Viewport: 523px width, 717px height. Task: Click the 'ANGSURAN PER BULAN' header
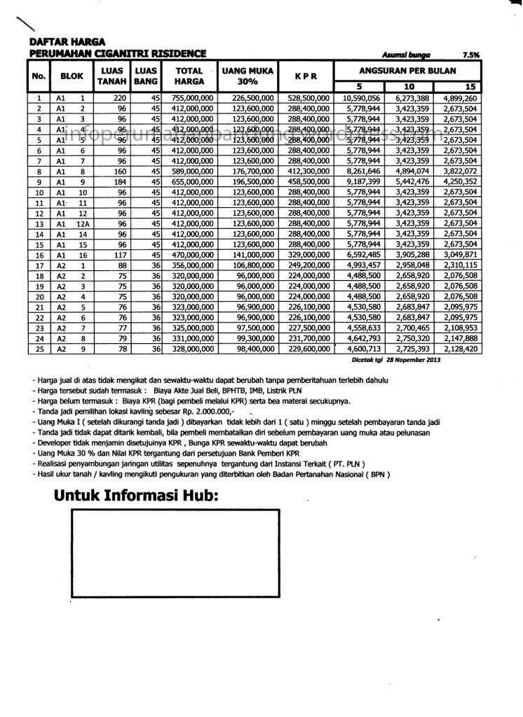click(407, 71)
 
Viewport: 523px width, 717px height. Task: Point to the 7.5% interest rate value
click(470, 54)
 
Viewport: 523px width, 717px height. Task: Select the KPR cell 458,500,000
click(308, 181)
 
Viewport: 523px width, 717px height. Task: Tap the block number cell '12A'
click(82, 223)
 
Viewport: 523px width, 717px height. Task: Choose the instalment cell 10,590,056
click(362, 98)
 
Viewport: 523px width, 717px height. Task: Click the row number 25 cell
click(39, 349)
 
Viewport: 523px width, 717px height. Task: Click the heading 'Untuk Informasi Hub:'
click(136, 496)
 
